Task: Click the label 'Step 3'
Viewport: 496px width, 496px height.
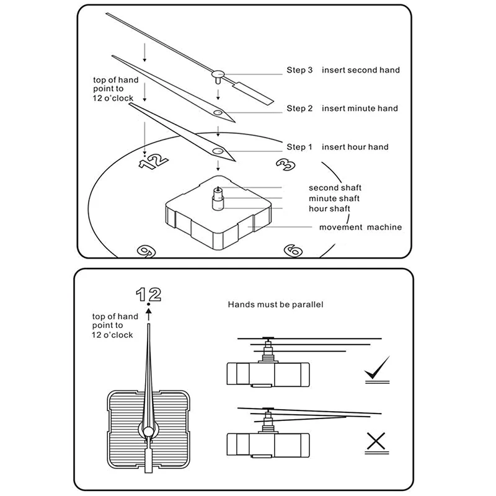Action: coord(299,70)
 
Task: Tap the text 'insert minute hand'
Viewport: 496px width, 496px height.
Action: coord(360,108)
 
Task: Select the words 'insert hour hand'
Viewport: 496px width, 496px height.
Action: coord(355,147)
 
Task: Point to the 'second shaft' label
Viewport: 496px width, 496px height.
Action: coord(335,188)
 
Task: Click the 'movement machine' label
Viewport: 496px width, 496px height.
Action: coord(360,227)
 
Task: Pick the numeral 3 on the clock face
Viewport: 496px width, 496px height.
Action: coord(286,164)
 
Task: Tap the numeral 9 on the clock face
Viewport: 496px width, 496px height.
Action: coord(146,252)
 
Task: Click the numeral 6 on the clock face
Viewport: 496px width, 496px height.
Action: coord(293,250)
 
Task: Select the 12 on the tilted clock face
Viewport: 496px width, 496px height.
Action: coord(153,162)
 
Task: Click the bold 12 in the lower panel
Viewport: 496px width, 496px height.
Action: coord(149,294)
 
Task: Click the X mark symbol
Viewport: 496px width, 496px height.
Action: coord(376,441)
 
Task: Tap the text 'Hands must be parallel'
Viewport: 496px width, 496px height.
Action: coord(275,304)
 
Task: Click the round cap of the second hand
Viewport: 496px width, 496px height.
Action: coord(218,74)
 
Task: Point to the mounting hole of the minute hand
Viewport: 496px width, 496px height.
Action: coord(218,113)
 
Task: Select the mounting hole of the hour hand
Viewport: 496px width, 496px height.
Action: coord(218,151)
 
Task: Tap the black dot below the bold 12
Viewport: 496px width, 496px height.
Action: coord(149,304)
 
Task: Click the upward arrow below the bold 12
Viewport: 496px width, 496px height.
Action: coord(149,315)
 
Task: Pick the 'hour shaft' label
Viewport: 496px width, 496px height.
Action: coord(329,209)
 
